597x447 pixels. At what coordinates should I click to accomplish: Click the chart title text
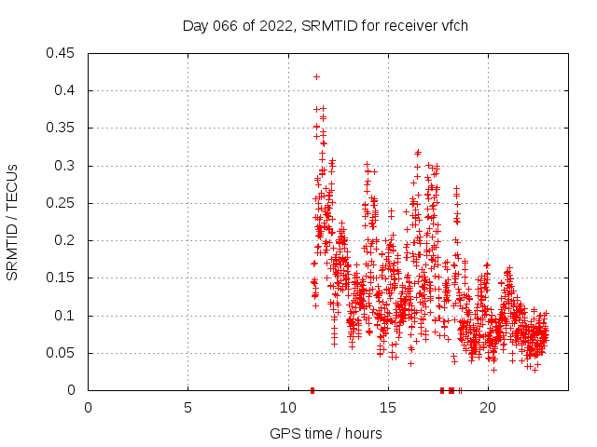coord(325,25)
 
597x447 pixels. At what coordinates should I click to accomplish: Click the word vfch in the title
coord(452,25)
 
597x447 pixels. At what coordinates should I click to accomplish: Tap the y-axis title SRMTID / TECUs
coord(12,222)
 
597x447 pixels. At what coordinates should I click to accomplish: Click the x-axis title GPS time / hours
coord(325,433)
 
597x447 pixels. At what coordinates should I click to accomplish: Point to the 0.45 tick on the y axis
coord(62,53)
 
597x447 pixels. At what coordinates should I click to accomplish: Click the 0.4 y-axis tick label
coord(66,90)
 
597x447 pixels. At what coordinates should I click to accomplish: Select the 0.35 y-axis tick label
coord(62,128)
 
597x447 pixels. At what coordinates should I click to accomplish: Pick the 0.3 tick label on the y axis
coord(66,166)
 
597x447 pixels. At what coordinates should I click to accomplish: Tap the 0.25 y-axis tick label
coord(62,203)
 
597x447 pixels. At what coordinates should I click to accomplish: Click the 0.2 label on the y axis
coord(66,240)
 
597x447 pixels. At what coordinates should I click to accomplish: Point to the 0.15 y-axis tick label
coord(62,278)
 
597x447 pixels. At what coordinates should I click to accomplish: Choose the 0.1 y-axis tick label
coord(66,316)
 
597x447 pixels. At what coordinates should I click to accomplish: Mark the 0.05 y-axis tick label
coord(62,353)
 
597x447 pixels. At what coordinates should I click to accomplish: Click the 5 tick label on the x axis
coord(187,407)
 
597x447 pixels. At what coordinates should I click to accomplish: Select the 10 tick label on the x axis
coord(287,407)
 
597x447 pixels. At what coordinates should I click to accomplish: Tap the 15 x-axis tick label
coord(387,407)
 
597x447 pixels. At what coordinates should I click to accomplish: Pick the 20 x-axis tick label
coord(487,407)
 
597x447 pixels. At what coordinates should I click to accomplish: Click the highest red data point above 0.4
coord(316,76)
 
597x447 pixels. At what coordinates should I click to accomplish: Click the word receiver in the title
coord(403,25)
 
